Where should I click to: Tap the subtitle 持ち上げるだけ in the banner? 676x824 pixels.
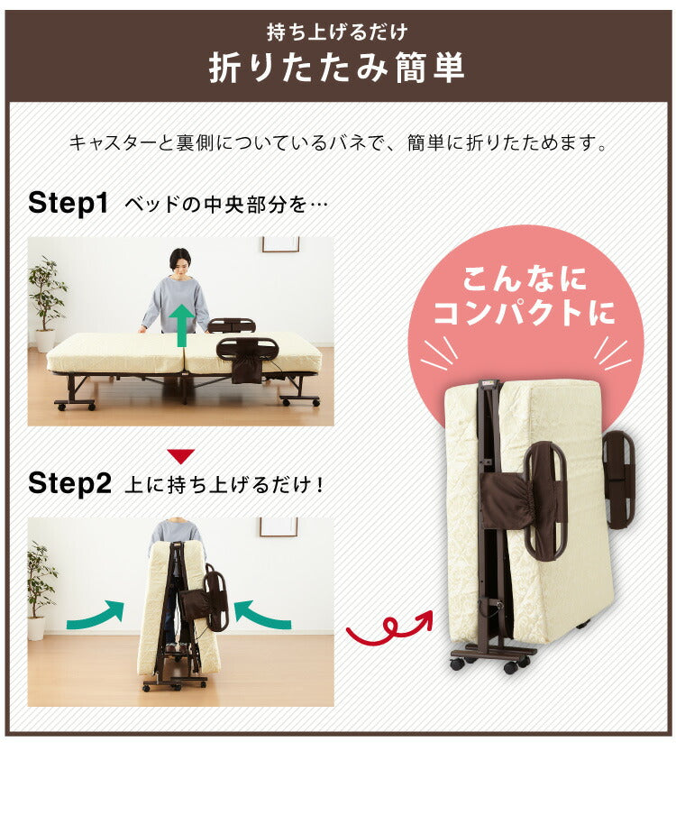tap(337, 33)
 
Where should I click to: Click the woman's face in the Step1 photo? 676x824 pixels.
tap(180, 263)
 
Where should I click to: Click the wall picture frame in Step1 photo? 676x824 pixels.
tap(280, 243)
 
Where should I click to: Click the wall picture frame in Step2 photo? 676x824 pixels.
tap(279, 526)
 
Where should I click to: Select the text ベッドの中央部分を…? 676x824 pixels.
tap(225, 203)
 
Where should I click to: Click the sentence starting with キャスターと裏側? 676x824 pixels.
tap(337, 142)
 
